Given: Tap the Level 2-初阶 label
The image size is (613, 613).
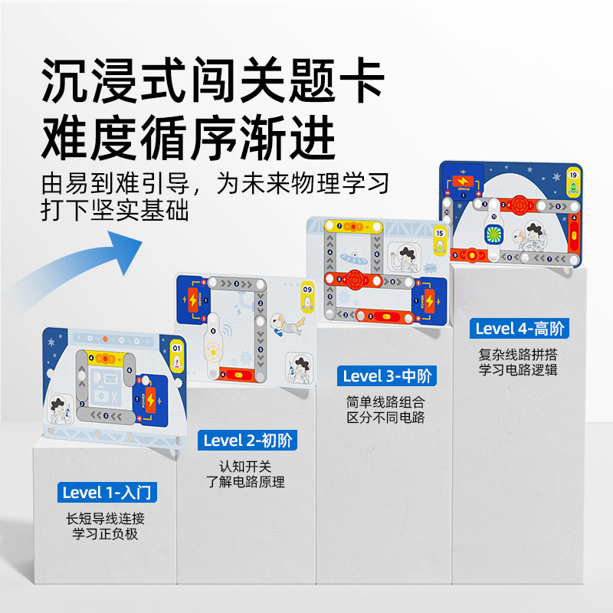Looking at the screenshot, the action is click(249, 441).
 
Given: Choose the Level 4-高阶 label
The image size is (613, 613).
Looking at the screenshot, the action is click(520, 329).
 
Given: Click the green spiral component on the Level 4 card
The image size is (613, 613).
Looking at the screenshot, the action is click(490, 233).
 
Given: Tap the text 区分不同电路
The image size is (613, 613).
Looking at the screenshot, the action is click(385, 418).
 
